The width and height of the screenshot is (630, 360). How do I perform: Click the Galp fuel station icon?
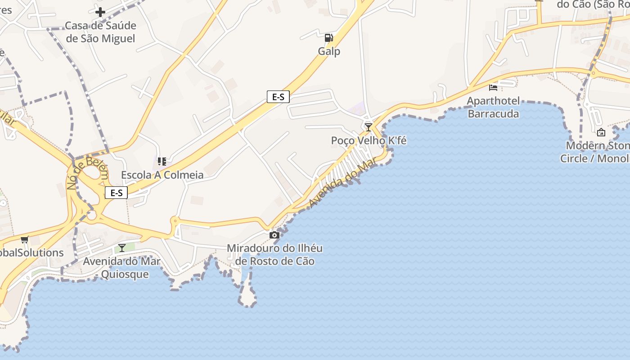pyautogui.click(x=329, y=38)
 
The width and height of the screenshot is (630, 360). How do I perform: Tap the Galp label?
pyautogui.click(x=329, y=51)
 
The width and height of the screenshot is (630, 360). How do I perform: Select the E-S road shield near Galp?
pyautogui.click(x=278, y=97)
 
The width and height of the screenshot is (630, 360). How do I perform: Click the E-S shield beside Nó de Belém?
pyautogui.click(x=116, y=193)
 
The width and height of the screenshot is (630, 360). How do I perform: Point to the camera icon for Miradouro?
pyautogui.click(x=274, y=235)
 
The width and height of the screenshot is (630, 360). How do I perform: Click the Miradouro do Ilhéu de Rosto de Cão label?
pyautogui.click(x=274, y=255)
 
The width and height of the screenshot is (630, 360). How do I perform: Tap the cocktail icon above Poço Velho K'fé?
pyautogui.click(x=368, y=127)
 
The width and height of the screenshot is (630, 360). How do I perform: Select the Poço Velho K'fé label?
pyautogui.click(x=369, y=141)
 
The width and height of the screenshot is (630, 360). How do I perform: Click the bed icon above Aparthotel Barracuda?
pyautogui.click(x=493, y=87)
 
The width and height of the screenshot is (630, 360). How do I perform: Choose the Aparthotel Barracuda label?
pyautogui.click(x=493, y=107)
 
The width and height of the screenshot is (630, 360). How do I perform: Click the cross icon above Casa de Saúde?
pyautogui.click(x=100, y=12)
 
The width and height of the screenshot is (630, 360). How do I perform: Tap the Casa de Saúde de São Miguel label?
pyautogui.click(x=100, y=32)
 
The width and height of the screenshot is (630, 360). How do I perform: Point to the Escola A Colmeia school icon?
pyautogui.click(x=162, y=161)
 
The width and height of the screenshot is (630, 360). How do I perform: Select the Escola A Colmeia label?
pyautogui.click(x=162, y=175)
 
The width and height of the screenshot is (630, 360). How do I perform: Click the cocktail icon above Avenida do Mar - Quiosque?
pyautogui.click(x=122, y=247)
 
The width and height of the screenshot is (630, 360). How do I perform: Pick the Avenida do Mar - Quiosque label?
pyautogui.click(x=121, y=268)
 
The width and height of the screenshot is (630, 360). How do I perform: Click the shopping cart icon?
pyautogui.click(x=24, y=240)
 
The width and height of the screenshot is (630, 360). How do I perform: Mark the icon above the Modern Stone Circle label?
pyautogui.click(x=601, y=132)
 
